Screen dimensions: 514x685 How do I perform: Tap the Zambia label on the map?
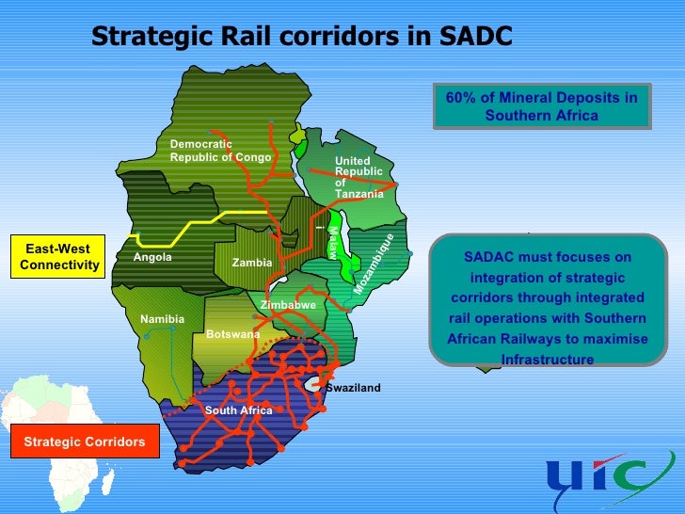pos(252,262)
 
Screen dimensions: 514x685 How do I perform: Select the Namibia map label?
pos(163,320)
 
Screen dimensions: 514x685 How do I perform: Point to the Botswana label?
pos(232,334)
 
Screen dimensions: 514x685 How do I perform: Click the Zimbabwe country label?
pos(288,306)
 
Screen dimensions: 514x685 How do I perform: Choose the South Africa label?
pos(238,410)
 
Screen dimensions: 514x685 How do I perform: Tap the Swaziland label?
pos(353,388)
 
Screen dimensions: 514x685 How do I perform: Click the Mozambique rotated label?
pos(374,264)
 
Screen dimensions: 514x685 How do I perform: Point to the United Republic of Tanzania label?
pos(359,177)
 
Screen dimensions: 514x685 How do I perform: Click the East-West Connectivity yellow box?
pos(58,257)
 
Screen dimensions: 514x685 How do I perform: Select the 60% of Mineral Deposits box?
pos(541,106)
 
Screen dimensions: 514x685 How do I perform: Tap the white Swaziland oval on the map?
pos(312,383)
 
